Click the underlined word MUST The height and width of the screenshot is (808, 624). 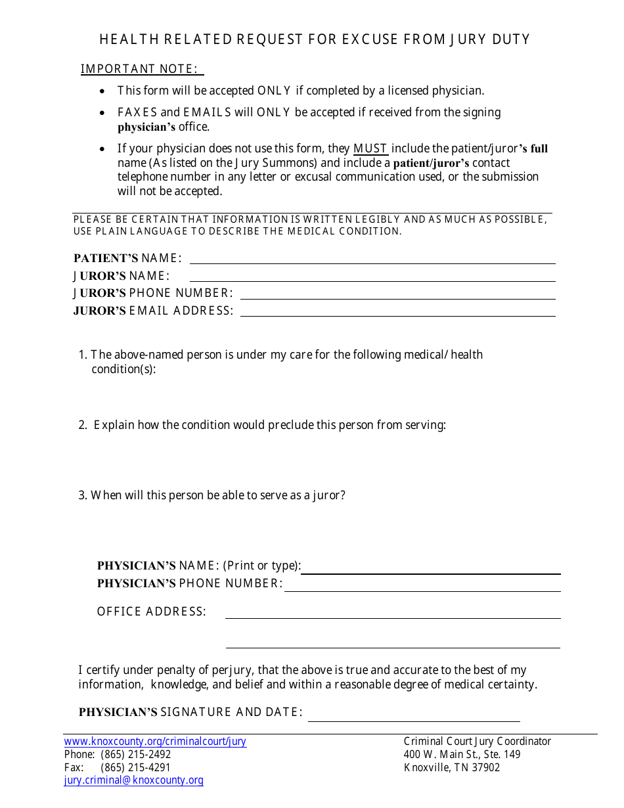[x=370, y=148]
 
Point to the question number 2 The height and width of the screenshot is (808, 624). [x=83, y=425]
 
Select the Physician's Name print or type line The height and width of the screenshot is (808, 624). [x=430, y=569]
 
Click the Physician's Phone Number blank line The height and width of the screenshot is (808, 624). [x=422, y=587]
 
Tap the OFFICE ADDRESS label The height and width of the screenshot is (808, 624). [x=152, y=612]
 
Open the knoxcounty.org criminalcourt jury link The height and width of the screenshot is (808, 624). [x=155, y=742]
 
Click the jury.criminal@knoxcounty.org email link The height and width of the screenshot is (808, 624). [x=134, y=780]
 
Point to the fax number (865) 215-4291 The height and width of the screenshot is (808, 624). [x=135, y=767]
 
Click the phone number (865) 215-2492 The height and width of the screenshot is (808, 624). [x=135, y=754]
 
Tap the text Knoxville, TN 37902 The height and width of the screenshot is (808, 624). [x=452, y=767]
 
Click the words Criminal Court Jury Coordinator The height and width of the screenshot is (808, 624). [x=478, y=741]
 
